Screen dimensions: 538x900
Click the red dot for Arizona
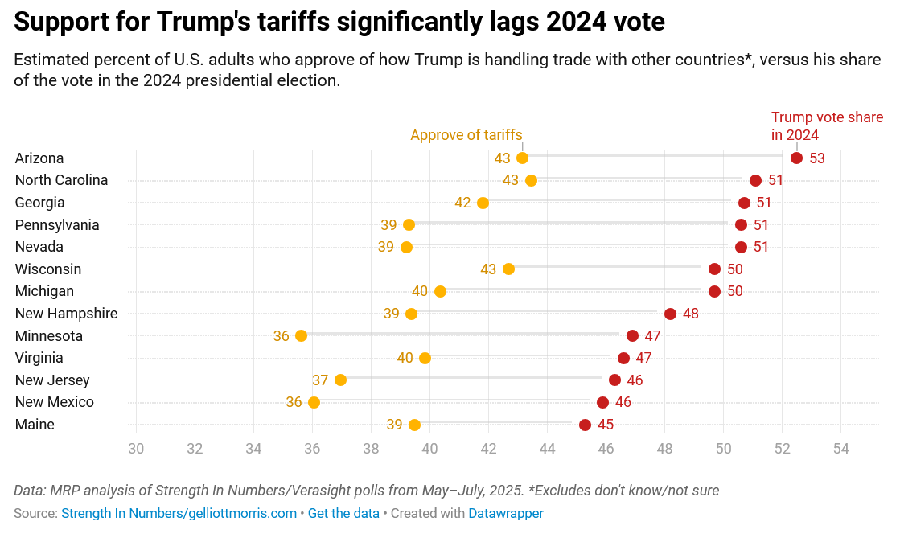pos(796,158)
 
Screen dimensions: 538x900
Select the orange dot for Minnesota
pos(301,335)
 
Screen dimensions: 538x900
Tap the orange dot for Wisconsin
pos(508,269)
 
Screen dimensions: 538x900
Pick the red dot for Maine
pos(585,425)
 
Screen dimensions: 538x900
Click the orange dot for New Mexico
pos(314,402)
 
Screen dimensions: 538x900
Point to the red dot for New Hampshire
pos(670,314)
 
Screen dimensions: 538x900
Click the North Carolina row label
pos(61,180)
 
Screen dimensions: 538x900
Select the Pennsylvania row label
pos(57,224)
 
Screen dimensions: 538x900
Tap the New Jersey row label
pos(52,380)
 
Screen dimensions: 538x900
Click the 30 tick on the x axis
pos(136,448)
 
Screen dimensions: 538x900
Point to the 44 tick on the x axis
pos(547,448)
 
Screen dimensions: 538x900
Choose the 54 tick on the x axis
pos(840,448)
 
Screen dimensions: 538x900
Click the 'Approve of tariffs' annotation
pos(466,135)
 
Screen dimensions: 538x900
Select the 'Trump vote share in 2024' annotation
pos(827,126)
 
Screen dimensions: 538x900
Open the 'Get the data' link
pos(343,513)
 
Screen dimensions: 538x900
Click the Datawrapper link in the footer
pos(506,513)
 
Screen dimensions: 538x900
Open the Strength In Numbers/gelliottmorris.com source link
pos(179,513)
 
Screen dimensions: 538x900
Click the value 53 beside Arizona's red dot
pos(817,158)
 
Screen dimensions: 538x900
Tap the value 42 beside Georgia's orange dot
pos(462,203)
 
